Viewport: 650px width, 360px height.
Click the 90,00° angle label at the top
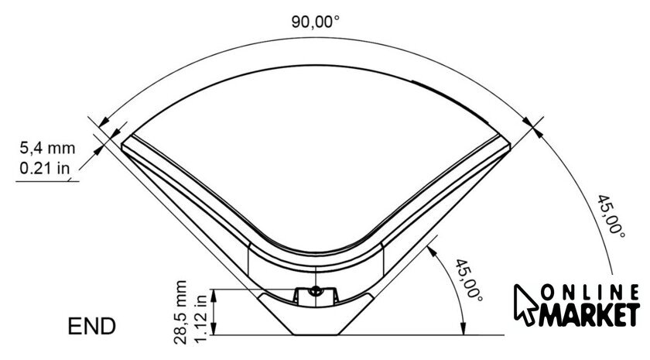coord(315,22)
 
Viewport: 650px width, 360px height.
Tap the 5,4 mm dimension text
coord(48,148)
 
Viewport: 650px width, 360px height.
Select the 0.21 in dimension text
coord(44,168)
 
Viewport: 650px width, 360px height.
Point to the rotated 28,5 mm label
coord(181,312)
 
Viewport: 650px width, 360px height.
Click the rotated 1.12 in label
coord(200,318)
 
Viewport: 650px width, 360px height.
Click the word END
coord(91,326)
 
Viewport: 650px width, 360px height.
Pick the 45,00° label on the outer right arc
coord(611,217)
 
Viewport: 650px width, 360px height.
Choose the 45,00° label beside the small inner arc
coord(469,280)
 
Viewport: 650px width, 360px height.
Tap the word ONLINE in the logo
coord(590,293)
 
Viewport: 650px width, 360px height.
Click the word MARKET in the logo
coord(589,315)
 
